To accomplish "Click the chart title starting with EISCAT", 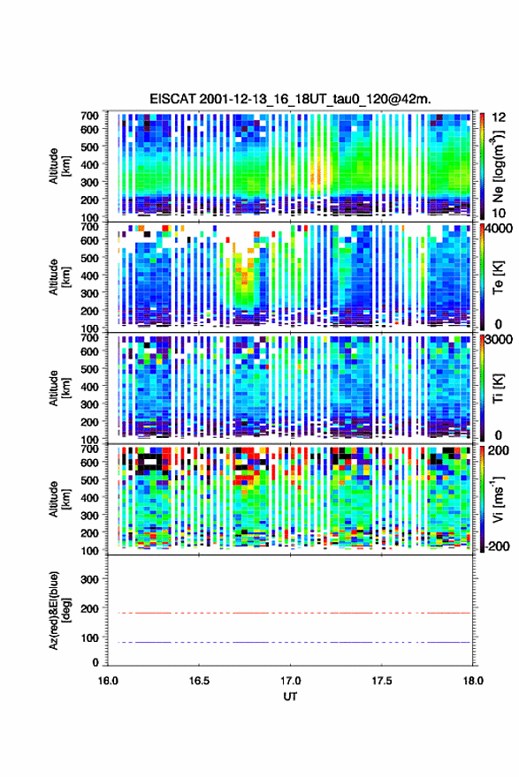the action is (290, 99).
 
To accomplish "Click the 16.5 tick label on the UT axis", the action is (199, 681).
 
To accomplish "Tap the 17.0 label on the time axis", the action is (290, 681).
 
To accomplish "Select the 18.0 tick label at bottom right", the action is (473, 681).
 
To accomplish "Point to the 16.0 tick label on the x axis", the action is (108, 681).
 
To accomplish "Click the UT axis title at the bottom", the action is (290, 697).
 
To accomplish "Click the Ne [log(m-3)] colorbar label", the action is (498, 166).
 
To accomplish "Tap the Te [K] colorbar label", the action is (498, 277).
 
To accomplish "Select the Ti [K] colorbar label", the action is (498, 388).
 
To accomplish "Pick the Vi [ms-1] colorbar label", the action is (498, 499).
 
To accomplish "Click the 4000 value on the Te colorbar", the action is (498, 229).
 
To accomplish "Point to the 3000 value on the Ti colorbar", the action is (498, 340).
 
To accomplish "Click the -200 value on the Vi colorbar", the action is (495, 546).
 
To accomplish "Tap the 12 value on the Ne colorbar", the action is (498, 117).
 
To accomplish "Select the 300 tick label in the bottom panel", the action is (88, 579).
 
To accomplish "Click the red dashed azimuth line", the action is (290, 613).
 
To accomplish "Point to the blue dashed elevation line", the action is (290, 642).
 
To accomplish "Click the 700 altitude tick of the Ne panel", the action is (89, 116).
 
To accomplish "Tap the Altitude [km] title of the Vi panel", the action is (59, 499).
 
